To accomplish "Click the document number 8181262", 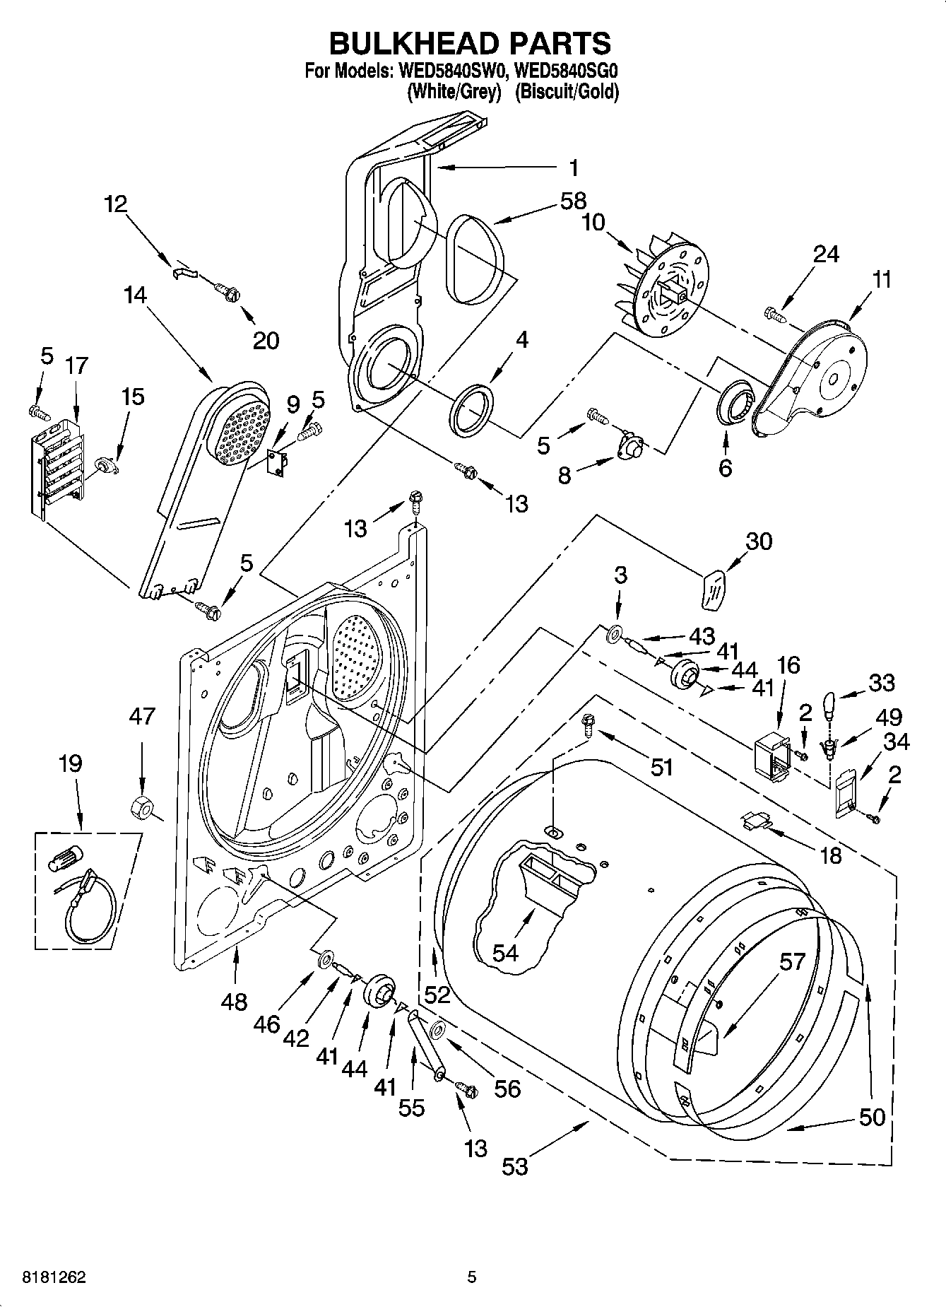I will point(54,1277).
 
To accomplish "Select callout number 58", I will point(573,201).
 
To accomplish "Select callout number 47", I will point(141,717).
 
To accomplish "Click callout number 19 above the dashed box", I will point(71,763).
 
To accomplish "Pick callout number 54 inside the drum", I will point(506,953).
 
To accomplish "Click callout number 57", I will point(793,961).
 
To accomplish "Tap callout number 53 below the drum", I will point(515,1166).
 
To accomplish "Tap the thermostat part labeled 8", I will point(629,448).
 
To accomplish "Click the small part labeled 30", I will point(713,588).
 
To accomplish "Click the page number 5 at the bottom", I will point(472,1277).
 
